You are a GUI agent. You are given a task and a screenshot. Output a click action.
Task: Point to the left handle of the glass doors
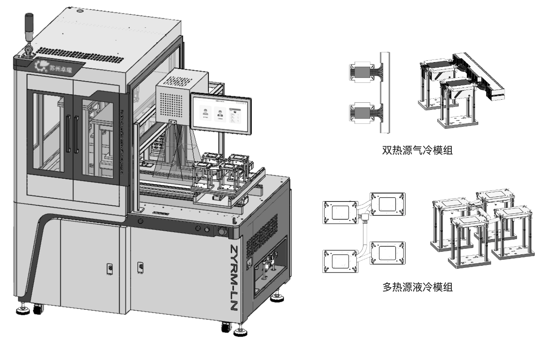coord(68,134)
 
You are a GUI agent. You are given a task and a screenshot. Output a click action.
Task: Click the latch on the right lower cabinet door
coord(139,267)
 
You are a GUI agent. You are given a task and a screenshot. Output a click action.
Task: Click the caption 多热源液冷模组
coord(417,288)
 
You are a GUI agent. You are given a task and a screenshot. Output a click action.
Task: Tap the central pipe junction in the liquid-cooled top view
coord(363,218)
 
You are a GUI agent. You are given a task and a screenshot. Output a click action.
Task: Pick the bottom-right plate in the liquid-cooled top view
coord(388,252)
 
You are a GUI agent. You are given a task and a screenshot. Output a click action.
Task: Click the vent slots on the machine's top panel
coord(80,53)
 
